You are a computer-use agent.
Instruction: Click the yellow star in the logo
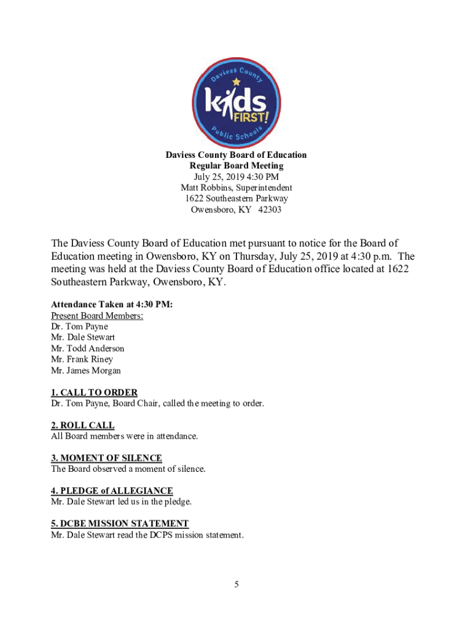point(235,80)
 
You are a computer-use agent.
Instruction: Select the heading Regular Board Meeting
point(236,166)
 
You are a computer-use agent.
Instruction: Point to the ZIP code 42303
point(269,210)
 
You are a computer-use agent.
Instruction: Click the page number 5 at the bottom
point(236,584)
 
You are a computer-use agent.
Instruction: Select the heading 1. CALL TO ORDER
point(94,393)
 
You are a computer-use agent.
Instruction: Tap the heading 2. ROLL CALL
point(82,425)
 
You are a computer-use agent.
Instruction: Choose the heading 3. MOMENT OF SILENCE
point(106,458)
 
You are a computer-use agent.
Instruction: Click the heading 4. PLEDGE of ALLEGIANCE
point(112,491)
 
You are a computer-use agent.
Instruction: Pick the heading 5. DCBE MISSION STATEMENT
point(119,523)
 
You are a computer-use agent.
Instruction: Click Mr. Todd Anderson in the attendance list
point(87,348)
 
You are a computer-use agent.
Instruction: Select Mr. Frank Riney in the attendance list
point(82,359)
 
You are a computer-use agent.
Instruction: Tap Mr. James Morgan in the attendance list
point(85,370)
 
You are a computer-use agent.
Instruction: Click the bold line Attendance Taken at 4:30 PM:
point(107,304)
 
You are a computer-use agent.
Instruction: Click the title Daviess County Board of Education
point(236,155)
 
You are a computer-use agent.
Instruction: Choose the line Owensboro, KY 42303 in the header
point(236,210)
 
